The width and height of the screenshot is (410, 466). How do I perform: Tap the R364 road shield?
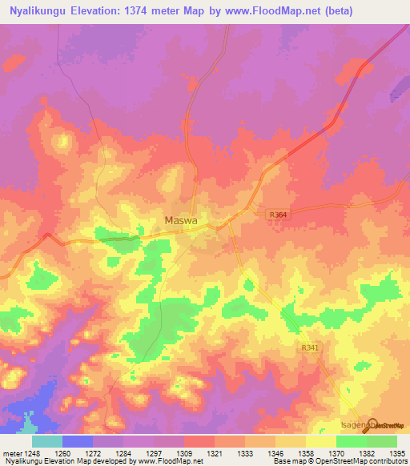278,215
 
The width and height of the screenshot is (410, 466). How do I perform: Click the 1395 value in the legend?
396,453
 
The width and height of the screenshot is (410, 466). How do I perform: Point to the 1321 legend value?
215,453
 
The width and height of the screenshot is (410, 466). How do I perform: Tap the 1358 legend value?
305,453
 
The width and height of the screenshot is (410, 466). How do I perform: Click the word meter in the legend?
11,453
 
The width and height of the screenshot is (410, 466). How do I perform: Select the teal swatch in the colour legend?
46,441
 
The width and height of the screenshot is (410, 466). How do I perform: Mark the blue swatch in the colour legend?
77,441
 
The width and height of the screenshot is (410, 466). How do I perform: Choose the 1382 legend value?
365,453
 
